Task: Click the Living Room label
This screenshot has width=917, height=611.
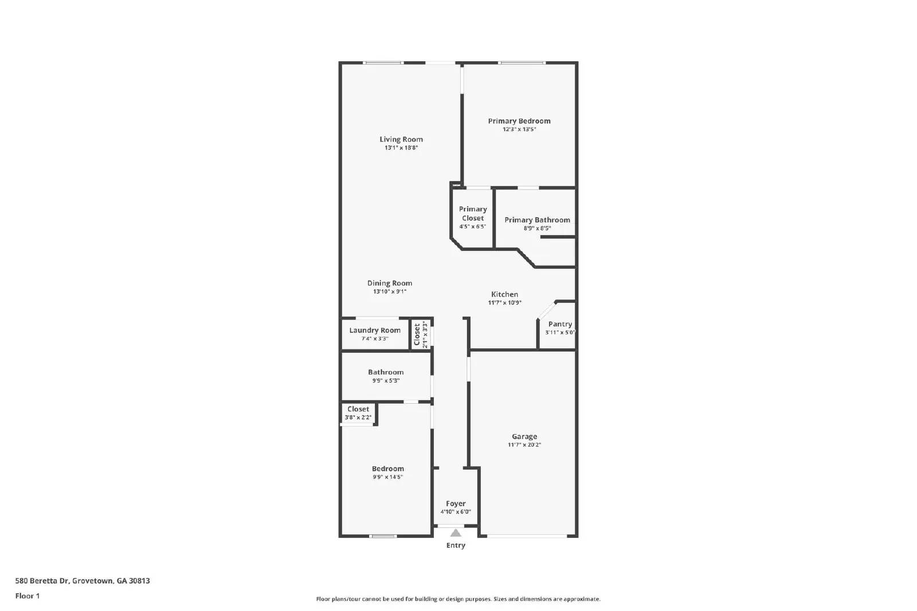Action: click(401, 139)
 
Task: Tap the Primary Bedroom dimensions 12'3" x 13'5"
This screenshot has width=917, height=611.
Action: click(519, 129)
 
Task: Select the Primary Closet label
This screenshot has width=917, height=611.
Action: click(473, 214)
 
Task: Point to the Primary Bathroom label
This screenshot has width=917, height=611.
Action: click(537, 220)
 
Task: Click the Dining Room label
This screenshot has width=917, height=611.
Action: click(390, 283)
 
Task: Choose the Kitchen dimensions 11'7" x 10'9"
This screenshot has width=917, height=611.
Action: click(504, 303)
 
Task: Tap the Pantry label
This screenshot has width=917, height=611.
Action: click(560, 324)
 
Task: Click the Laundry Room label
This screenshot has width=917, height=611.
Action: click(375, 330)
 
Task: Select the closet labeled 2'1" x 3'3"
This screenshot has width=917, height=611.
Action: click(420, 335)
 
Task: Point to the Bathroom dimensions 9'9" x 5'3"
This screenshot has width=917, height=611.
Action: click(386, 381)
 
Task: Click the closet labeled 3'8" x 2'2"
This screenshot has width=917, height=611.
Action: click(358, 413)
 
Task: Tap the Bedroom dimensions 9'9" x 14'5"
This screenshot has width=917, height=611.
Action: click(388, 477)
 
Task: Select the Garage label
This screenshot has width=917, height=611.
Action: click(524, 436)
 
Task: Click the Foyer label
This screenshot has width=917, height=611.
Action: click(456, 504)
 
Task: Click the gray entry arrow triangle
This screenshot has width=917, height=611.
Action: click(456, 533)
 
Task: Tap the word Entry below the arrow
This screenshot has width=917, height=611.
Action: click(456, 546)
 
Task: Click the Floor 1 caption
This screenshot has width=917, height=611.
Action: click(28, 596)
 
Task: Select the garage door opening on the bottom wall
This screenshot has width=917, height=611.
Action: click(527, 536)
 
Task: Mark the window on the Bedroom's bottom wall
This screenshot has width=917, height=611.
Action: click(383, 536)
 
